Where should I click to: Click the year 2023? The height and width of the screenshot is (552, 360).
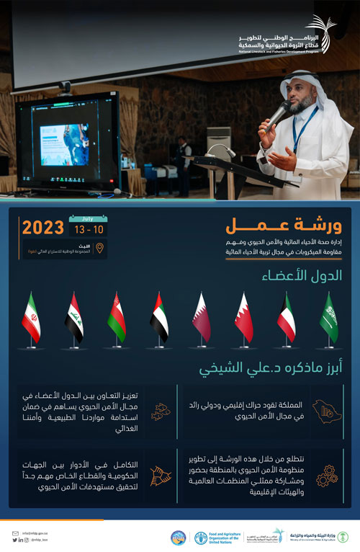(42, 228)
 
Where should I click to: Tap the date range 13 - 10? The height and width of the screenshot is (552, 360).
(89, 229)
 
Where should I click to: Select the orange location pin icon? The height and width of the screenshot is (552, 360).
(100, 249)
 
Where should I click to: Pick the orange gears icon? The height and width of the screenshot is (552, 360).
(326, 476)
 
